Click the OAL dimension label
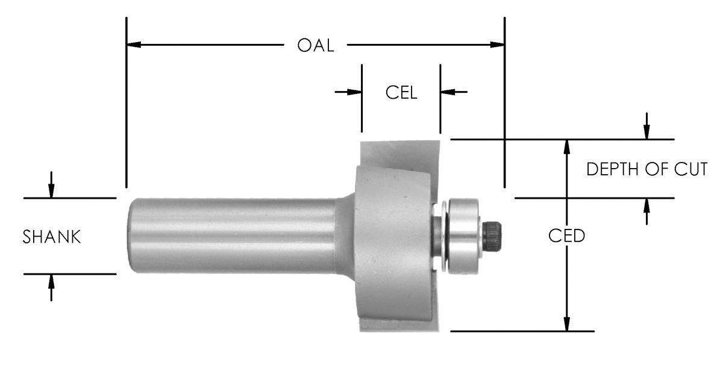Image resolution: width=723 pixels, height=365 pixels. [x=315, y=46]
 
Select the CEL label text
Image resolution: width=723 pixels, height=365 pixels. [x=401, y=93]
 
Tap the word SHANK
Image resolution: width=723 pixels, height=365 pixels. [x=52, y=237]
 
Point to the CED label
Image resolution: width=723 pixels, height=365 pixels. [x=566, y=236]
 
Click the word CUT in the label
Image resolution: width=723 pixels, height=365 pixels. [x=690, y=170]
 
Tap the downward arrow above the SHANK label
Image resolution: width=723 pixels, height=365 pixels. [x=51, y=190]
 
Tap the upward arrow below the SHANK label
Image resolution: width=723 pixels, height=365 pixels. [x=51, y=281]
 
